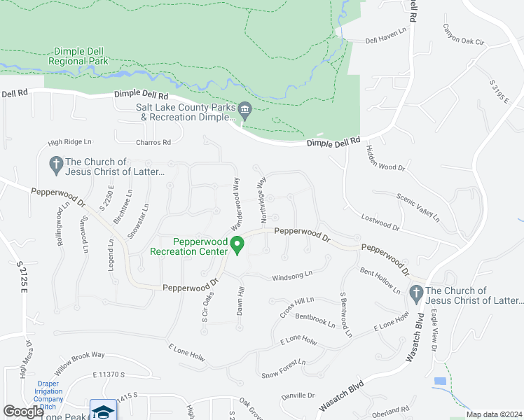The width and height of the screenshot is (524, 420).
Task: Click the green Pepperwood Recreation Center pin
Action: [237, 245]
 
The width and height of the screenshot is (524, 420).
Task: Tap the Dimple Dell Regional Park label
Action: [78, 56]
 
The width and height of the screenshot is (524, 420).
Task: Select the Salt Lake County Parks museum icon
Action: [244, 108]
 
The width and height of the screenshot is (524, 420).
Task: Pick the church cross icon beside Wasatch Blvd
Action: [417, 295]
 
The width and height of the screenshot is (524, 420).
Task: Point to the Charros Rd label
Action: [154, 143]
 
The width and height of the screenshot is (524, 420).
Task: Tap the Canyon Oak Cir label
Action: [463, 35]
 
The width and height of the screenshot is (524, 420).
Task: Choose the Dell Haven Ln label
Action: [386, 41]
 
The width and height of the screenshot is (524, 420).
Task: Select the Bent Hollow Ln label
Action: [380, 281]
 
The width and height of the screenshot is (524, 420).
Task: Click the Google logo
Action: [24, 412]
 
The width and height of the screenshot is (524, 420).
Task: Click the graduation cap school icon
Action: [103, 411]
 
